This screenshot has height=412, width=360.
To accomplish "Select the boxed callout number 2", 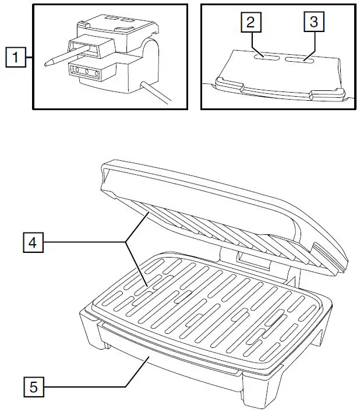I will (251, 22).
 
